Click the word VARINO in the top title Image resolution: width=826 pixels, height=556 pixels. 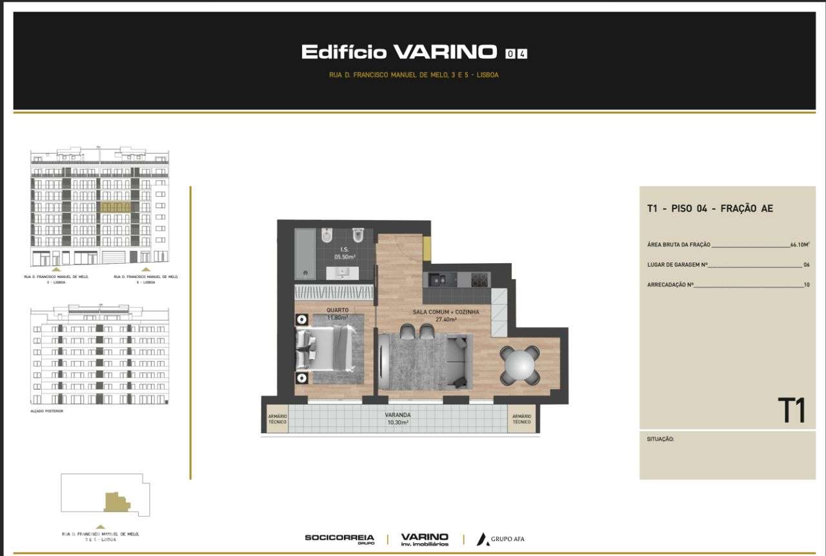pyautogui.click(x=445, y=52)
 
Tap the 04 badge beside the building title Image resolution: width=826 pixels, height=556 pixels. pyautogui.click(x=516, y=54)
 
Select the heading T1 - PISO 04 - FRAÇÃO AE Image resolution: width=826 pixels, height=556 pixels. pyautogui.click(x=710, y=208)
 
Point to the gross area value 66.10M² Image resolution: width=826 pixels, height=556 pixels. pyautogui.click(x=800, y=245)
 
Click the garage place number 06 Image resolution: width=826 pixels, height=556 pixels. pyautogui.click(x=806, y=264)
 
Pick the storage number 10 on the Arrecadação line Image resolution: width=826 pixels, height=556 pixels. pyautogui.click(x=806, y=284)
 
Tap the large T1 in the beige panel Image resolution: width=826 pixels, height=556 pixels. pyautogui.click(x=791, y=411)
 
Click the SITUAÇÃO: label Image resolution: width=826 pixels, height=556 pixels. pyautogui.click(x=660, y=439)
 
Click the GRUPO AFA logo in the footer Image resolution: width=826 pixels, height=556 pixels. pyautogui.click(x=500, y=539)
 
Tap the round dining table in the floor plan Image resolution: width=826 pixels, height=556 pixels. pyautogui.click(x=519, y=366)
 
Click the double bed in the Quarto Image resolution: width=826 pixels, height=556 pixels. pyautogui.click(x=326, y=349)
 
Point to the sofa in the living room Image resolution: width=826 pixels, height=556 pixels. pyautogui.click(x=459, y=362)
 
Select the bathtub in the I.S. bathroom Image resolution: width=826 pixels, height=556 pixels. pyautogui.click(x=306, y=253)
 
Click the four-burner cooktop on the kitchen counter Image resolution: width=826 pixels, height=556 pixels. pyautogui.click(x=479, y=279)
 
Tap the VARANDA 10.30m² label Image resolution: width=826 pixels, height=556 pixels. pyautogui.click(x=398, y=419)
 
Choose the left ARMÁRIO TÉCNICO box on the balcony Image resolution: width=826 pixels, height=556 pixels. pyautogui.click(x=277, y=419)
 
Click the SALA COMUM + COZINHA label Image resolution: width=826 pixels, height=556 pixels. pyautogui.click(x=446, y=315)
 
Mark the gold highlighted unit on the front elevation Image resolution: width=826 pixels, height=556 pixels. pyautogui.click(x=116, y=207)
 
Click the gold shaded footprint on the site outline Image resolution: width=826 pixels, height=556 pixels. pyautogui.click(x=116, y=502)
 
